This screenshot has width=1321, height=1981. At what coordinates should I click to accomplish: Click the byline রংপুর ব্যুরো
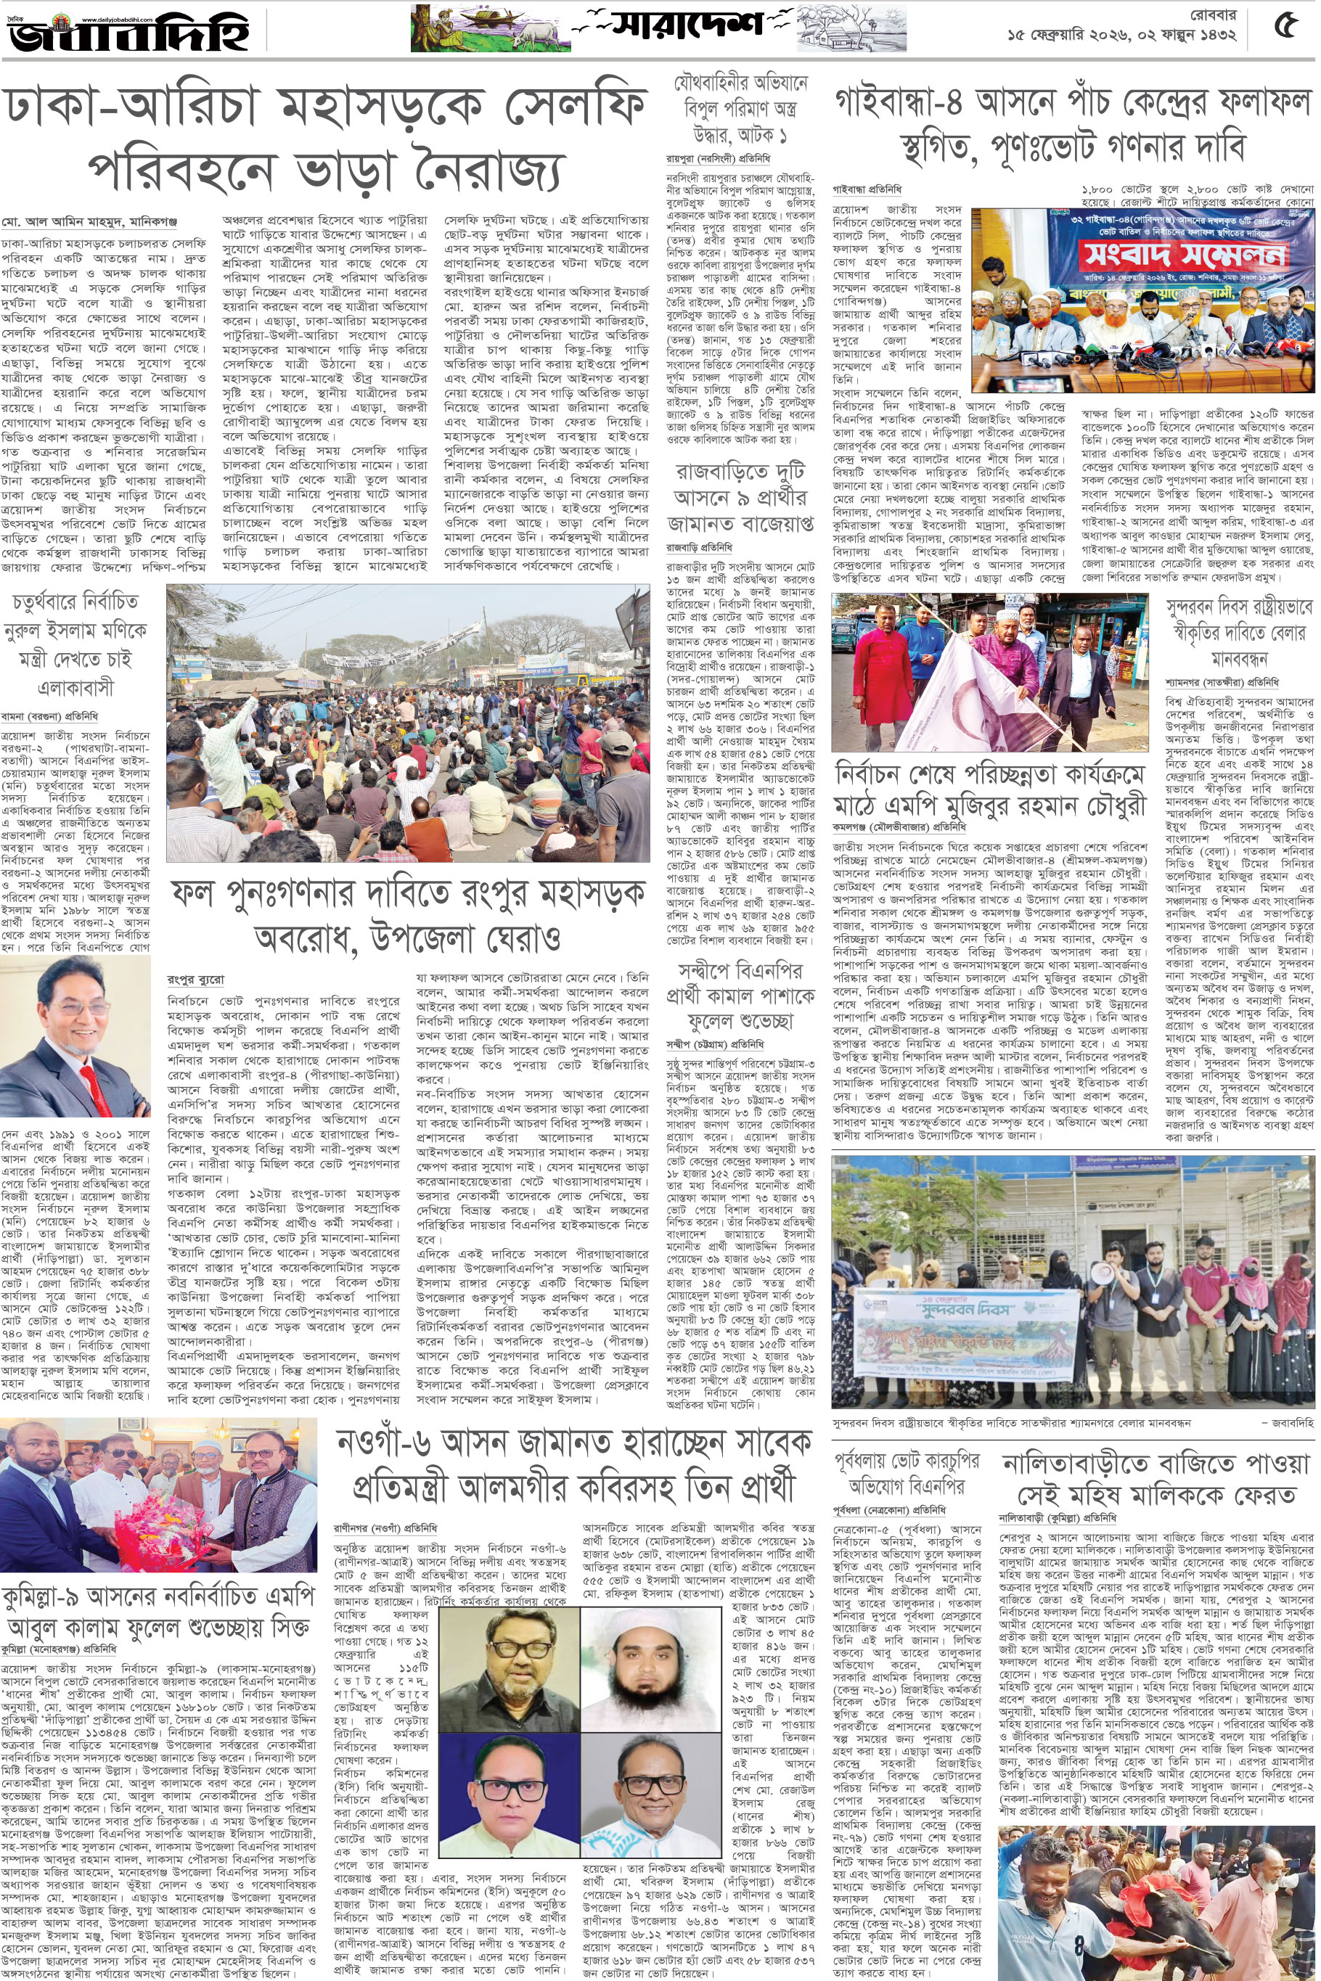click(x=195, y=980)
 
